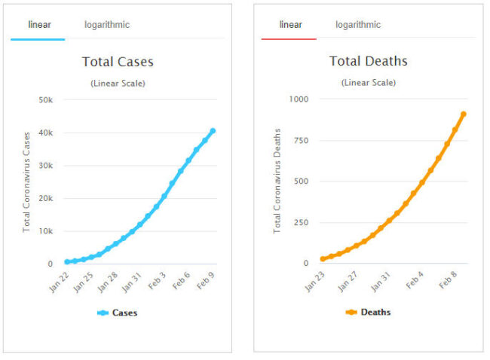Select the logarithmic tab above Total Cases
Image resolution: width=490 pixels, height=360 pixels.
[107, 25]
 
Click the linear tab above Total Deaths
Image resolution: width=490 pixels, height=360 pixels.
[290, 25]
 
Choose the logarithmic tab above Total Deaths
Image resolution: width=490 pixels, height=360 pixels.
[358, 25]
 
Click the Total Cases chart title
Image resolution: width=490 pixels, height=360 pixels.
[118, 62]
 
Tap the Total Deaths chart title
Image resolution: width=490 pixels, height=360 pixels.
[369, 61]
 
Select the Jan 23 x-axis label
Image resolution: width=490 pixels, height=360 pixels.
[315, 280]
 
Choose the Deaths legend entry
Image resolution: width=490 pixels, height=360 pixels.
[369, 313]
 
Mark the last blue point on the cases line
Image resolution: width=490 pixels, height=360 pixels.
[213, 131]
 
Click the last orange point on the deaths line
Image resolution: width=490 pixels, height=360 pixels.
[464, 114]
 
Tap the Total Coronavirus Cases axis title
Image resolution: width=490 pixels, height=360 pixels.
[26, 181]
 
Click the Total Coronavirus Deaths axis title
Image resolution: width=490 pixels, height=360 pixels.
[277, 181]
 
